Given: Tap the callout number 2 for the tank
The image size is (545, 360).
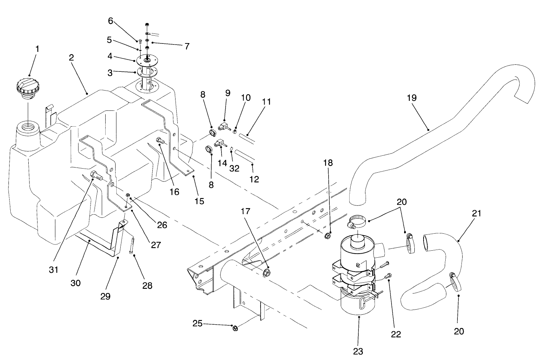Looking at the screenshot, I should point(71,58).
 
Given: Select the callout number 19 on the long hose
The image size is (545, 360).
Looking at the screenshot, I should point(412,98).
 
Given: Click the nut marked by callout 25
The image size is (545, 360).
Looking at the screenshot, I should point(234,328).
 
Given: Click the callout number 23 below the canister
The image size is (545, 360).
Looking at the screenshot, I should point(358,351).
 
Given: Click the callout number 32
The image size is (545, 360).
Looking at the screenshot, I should point(234,168).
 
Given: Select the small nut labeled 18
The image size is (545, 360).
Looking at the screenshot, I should point(327,235).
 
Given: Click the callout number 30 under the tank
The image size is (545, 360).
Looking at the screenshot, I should point(75,283).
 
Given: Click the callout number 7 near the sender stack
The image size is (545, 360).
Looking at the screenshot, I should point(187,46).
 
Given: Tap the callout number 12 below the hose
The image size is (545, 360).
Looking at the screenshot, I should point(254,179).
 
